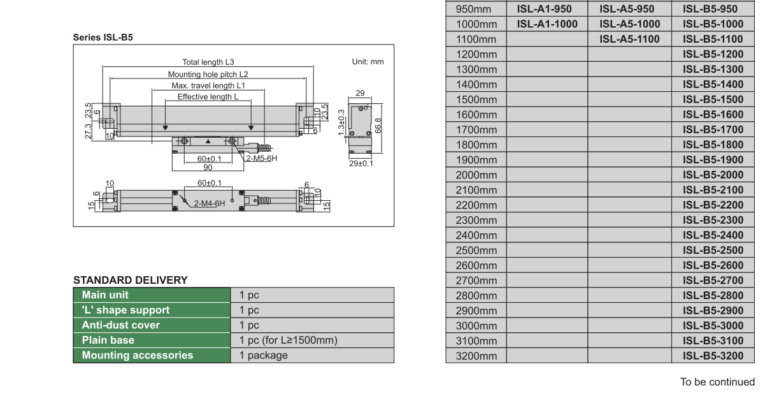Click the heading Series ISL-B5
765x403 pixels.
(103, 38)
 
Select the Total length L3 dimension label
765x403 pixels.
(208, 62)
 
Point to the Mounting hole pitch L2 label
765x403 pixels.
(208, 74)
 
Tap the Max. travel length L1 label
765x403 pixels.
(208, 85)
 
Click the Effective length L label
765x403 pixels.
(208, 96)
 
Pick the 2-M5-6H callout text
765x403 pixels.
(262, 158)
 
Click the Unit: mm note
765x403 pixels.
(368, 62)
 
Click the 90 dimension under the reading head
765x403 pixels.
(208, 167)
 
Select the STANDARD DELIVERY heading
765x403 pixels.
(131, 280)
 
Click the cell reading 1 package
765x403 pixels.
(263, 356)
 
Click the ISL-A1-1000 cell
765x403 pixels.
(547, 24)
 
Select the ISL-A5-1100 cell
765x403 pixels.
(629, 39)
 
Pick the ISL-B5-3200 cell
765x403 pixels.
(713, 356)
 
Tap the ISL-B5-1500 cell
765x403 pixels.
(713, 99)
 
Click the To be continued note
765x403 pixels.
(717, 383)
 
